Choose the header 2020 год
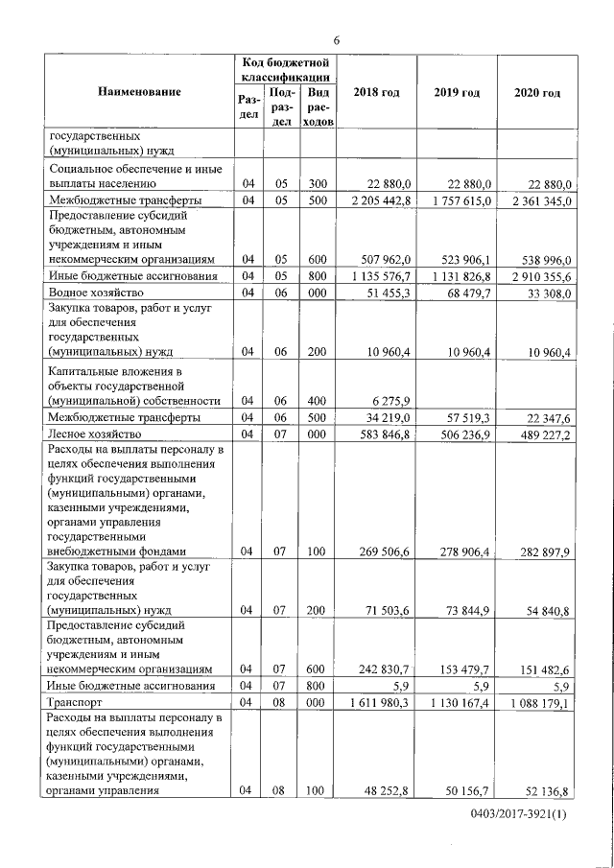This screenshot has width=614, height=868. [537, 92]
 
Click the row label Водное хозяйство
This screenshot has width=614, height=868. [95, 292]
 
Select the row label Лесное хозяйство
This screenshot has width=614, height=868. [94, 434]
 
